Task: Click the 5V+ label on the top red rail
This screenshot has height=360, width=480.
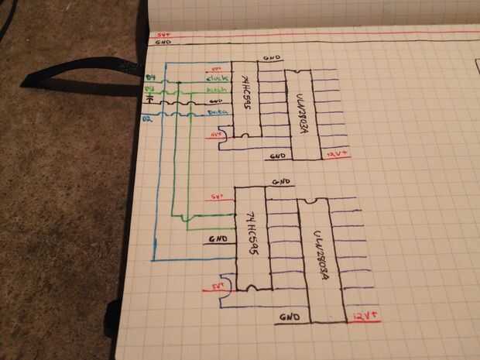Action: (x=163, y=35)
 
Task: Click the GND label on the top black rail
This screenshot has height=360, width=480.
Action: (x=163, y=43)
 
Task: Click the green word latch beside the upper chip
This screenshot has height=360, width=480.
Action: (x=217, y=89)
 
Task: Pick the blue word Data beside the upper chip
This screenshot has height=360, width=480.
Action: (x=217, y=113)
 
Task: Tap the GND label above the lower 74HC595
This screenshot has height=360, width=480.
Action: (x=282, y=183)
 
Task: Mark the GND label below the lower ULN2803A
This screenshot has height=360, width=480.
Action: (x=290, y=317)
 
